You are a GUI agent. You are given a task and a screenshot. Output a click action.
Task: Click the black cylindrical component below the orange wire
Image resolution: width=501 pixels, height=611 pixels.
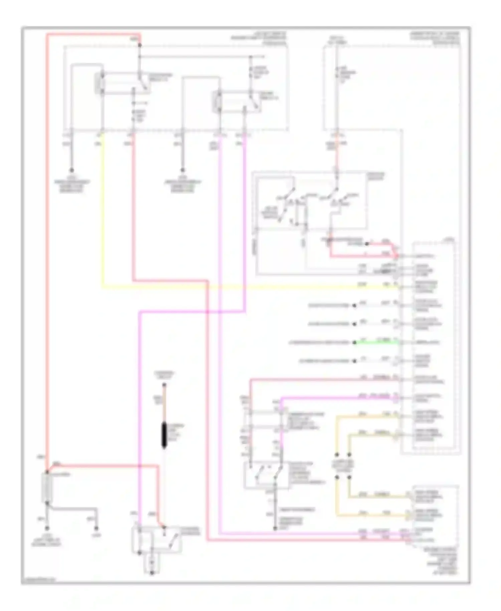point(164,435)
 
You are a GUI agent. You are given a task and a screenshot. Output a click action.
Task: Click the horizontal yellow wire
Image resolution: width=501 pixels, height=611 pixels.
point(234,287)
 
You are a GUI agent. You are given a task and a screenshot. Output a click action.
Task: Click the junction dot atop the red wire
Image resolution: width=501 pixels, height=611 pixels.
point(140,45)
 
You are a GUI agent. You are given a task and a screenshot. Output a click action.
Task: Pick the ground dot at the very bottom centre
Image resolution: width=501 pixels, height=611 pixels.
point(152,573)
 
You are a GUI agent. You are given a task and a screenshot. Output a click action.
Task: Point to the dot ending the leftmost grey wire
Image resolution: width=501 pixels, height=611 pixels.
point(71,170)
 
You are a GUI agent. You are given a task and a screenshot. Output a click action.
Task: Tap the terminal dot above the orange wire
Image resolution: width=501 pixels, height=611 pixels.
point(164,385)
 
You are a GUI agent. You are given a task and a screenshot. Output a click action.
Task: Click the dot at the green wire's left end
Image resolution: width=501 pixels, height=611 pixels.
point(355,343)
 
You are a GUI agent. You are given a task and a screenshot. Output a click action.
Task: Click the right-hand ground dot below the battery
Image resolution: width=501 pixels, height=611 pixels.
point(96,528)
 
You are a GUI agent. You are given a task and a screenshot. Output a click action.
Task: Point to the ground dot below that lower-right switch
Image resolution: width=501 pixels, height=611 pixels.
point(275,529)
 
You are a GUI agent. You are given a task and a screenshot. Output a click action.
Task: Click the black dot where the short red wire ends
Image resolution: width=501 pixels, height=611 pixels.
point(367,244)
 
